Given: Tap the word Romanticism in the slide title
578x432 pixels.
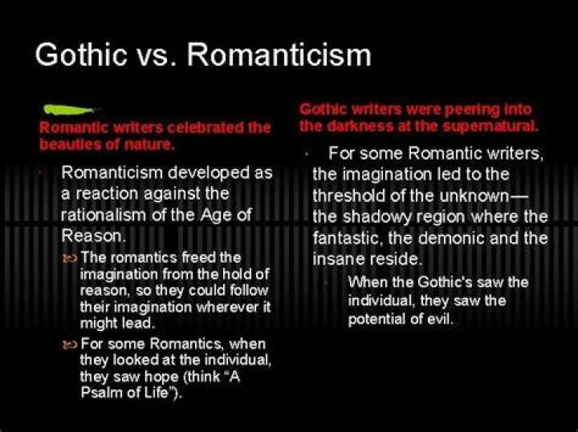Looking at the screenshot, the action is tap(279, 55).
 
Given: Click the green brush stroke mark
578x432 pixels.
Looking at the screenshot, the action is tap(69, 109).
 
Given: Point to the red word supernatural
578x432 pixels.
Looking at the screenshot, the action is tap(490, 126).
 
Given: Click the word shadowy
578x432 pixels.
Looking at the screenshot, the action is tap(377, 216).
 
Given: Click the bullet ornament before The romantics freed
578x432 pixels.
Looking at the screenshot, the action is tap(70, 258).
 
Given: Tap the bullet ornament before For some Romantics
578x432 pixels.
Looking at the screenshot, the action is tap(70, 345).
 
